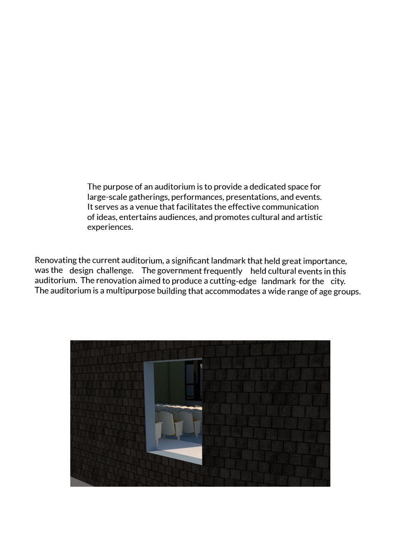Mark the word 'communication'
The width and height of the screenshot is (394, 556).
point(290,207)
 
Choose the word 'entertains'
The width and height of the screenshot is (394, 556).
point(138,217)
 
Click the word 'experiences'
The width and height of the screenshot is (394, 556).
point(109,227)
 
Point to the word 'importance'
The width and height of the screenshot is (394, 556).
point(324,261)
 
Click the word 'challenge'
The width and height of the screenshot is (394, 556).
point(114,271)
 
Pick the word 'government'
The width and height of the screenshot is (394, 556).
point(179,271)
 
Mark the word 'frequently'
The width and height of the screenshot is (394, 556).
point(223,271)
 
